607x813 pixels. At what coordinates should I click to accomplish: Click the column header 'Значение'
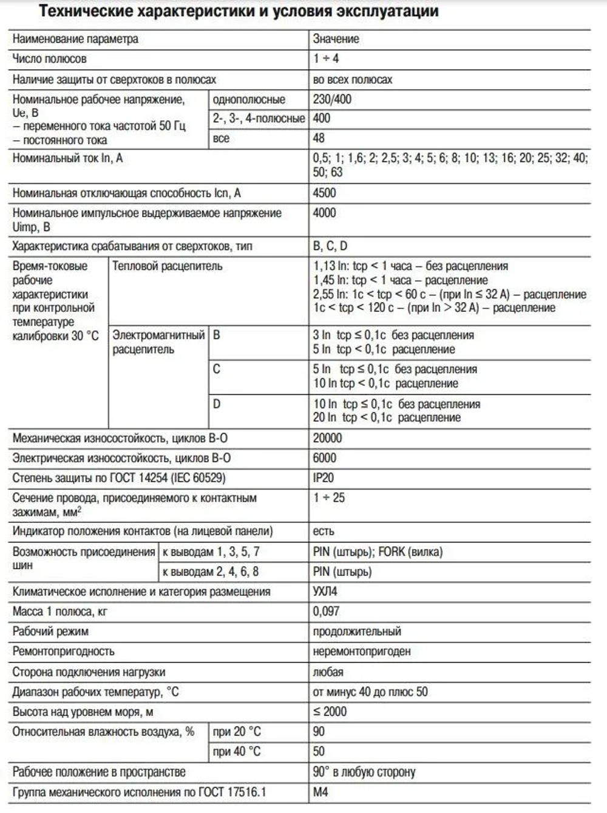[336, 39]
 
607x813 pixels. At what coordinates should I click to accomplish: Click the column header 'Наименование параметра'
[75, 39]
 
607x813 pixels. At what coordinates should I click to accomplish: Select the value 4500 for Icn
[324, 193]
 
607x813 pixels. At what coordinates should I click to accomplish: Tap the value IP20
[323, 477]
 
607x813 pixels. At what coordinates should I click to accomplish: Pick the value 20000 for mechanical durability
[327, 438]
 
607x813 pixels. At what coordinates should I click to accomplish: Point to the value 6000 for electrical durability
[324, 458]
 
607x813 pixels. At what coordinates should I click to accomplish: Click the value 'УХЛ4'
[325, 591]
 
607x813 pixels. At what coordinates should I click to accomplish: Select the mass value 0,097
[326, 611]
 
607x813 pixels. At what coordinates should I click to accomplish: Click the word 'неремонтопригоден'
[362, 651]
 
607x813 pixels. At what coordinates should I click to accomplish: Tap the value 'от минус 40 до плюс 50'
[370, 692]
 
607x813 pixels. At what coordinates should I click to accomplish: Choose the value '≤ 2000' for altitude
[330, 712]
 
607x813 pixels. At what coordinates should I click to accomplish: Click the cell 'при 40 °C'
[236, 751]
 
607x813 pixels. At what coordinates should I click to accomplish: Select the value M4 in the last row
[320, 792]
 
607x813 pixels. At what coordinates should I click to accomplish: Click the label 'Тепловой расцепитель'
[167, 266]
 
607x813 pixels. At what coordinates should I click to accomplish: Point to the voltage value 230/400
[332, 99]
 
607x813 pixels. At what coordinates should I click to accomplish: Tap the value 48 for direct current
[319, 138]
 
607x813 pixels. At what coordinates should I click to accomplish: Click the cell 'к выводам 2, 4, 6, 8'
[210, 572]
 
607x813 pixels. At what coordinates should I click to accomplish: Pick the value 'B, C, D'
[330, 246]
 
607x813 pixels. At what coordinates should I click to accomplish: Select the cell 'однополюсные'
[248, 100]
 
